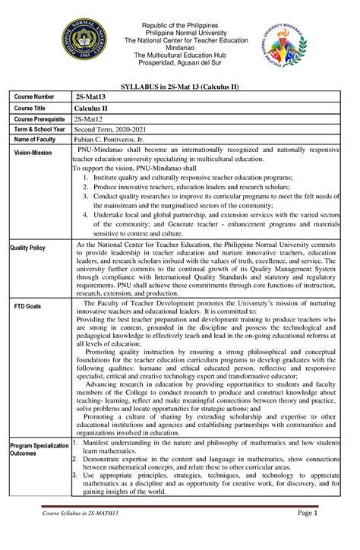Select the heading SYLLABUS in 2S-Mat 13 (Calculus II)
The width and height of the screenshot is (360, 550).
[180, 88]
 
